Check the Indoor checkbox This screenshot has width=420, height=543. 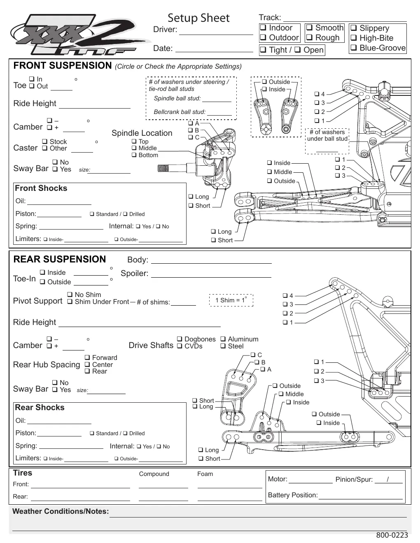click(263, 27)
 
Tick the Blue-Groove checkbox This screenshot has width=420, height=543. click(353, 47)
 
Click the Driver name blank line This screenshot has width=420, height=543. click(216, 35)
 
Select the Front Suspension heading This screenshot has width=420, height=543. click(63, 65)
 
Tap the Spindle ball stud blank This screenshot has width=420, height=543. click(217, 102)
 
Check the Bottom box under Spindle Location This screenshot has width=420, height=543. click(134, 155)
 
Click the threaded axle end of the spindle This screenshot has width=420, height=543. click(163, 169)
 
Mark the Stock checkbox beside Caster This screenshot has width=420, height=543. click(45, 142)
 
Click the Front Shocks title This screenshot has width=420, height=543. click(41, 188)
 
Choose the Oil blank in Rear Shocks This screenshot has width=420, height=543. click(59, 424)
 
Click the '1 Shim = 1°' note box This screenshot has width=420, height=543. click(231, 300)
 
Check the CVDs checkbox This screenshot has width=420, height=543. click(180, 346)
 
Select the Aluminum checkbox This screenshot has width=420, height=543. click(223, 339)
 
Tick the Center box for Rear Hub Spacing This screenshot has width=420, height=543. click(87, 364)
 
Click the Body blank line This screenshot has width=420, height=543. click(211, 263)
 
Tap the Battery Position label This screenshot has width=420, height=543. click(293, 495)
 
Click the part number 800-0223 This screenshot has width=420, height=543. click(392, 535)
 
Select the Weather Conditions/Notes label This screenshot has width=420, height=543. click(61, 511)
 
